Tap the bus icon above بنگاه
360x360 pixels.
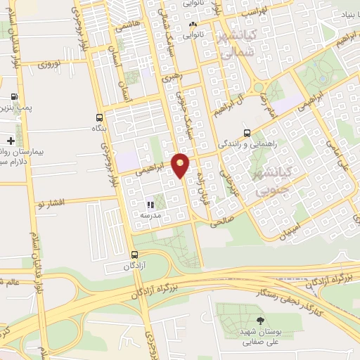[x=98, y=118]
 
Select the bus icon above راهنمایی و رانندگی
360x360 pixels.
[x=246, y=132]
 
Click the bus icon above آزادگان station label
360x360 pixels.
[x=134, y=255]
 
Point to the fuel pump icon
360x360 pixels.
[x=13, y=98]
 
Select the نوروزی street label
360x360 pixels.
[x=51, y=64]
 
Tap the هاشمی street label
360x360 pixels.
[x=129, y=24]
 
